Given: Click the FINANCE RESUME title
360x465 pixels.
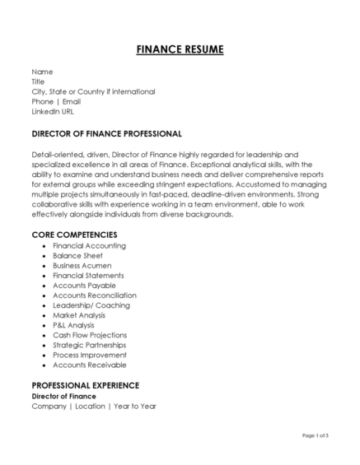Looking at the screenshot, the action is point(180,49).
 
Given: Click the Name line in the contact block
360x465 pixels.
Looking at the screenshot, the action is point(42,72).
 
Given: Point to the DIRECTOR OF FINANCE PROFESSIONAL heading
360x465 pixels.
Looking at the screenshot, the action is point(106,133).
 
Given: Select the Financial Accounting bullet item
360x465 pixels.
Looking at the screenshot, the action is point(89,246).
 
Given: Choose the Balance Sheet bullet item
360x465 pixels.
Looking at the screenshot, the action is point(79,256).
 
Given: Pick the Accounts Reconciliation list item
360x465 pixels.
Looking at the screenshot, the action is point(95,295).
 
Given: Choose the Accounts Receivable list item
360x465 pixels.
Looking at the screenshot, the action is point(89,365).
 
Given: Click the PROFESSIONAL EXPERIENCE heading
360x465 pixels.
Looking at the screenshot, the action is point(85,385).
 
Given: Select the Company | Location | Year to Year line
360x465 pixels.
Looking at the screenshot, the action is point(93,406).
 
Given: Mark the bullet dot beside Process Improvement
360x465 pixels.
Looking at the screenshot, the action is point(43,356).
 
